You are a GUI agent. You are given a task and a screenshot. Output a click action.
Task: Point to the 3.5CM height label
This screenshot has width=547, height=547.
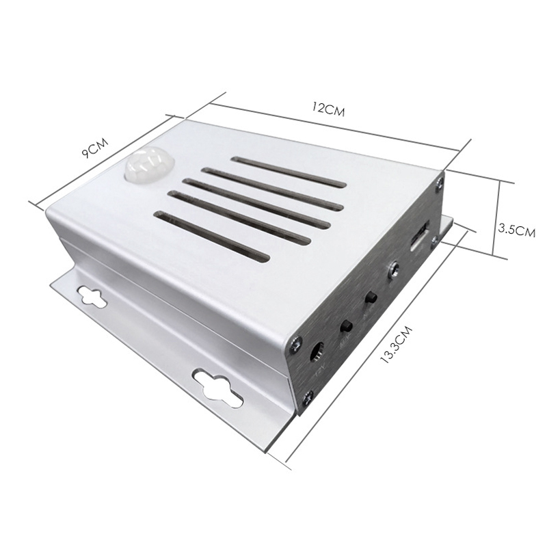pos(516,230)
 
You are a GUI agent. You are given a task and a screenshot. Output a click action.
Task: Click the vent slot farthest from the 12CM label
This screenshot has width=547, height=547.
pos(211,237)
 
